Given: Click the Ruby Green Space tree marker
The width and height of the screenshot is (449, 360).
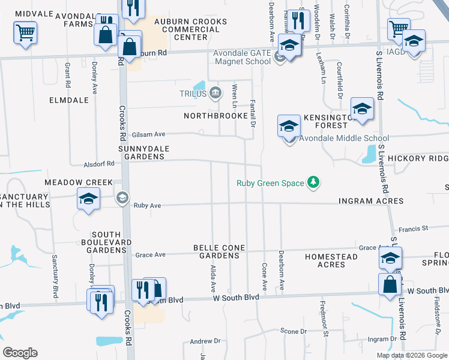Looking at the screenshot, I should point(312,182).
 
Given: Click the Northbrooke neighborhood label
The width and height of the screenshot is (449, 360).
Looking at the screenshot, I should point(215,115).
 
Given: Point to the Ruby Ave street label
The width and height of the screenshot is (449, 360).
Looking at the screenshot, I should point(148,205).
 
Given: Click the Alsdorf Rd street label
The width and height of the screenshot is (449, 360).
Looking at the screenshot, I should point(99,163).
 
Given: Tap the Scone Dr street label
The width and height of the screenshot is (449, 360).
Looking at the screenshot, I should point(294,331).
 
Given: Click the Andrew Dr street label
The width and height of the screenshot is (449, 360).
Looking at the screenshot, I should point(205,341).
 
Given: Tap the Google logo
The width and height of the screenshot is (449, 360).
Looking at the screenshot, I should point(20,352).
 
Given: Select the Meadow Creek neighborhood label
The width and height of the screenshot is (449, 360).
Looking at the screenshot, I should point(78,182).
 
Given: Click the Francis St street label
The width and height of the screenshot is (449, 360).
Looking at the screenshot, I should point(414,229).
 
